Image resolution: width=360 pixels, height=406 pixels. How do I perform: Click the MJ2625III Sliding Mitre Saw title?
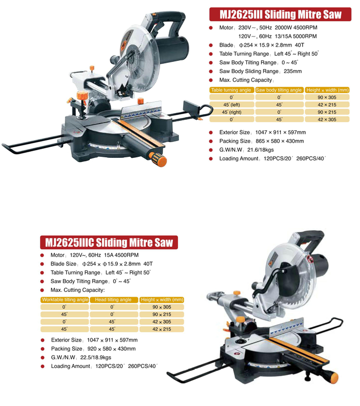[x=280, y=14]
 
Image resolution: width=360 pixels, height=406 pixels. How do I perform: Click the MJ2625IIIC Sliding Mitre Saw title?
[x=109, y=242]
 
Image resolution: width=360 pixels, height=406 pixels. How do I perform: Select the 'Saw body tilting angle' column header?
[x=279, y=90]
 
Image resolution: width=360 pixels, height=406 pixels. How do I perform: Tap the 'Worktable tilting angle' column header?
[x=65, y=300]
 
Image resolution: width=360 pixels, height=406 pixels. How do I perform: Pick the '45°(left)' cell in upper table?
[x=231, y=105]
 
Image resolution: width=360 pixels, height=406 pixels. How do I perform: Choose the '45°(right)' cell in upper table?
[x=231, y=112]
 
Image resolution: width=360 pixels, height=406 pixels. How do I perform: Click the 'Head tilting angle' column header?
[x=114, y=300]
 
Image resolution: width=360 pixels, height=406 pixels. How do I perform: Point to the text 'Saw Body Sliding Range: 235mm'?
[x=260, y=72]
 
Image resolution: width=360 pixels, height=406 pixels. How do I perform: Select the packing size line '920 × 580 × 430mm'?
[x=93, y=349]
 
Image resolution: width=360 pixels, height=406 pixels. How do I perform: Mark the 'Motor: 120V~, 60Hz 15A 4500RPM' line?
[x=94, y=255]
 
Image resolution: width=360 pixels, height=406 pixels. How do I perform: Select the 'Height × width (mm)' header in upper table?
[x=327, y=90]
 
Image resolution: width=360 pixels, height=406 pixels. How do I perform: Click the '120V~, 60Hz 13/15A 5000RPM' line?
[x=278, y=36]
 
